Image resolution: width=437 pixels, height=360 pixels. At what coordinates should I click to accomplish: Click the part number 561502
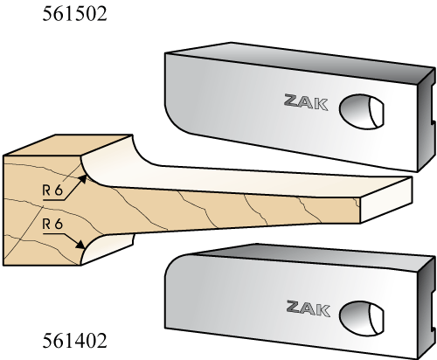74,14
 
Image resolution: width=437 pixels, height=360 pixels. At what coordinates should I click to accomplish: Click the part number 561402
74,341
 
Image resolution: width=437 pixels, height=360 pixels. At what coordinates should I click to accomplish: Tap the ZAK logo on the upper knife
306,102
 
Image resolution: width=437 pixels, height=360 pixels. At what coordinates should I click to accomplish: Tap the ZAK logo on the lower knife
309,308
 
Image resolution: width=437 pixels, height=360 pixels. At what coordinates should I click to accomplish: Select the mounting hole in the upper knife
361,111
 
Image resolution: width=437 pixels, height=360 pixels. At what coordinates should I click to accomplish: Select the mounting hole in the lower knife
361,318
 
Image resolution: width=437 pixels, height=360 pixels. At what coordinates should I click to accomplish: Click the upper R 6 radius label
52,190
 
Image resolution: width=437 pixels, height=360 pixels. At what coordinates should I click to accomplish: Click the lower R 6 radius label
52,225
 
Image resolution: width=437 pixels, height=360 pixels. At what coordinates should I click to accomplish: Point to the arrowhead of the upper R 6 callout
82,179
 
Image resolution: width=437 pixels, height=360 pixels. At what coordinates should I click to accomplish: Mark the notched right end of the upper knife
427,120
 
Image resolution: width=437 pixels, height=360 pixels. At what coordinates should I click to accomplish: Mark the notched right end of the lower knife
427,308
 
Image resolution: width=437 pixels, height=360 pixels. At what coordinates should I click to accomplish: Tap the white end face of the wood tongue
386,200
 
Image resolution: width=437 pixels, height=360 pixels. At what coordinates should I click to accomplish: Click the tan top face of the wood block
67,146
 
